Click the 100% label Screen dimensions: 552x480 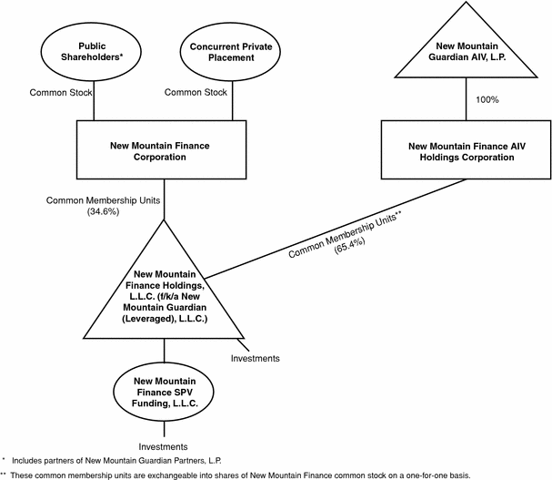(487, 100)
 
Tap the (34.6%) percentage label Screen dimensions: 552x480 (103, 211)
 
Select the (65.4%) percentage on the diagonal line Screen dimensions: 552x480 (349, 245)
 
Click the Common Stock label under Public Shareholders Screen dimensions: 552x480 (61, 92)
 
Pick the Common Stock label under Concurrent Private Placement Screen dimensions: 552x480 (196, 92)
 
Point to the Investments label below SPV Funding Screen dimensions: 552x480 (163, 447)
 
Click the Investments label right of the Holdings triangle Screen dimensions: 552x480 (256, 358)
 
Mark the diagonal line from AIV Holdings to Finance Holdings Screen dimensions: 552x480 (336, 229)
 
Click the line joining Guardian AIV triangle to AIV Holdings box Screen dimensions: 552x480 (467, 99)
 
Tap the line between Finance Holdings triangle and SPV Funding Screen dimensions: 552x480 (164, 351)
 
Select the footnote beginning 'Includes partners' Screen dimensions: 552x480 (112, 461)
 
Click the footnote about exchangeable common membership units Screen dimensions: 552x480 (236, 475)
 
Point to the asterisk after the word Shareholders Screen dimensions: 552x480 (121, 55)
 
